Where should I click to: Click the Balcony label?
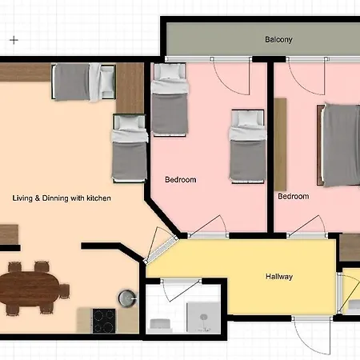pos(278,39)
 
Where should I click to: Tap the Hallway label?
pos(279,277)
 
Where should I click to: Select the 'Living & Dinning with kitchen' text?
pos(61,198)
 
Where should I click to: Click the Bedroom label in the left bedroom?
pos(180,180)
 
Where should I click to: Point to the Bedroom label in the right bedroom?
pos(293,196)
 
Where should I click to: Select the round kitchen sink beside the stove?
pos(126,297)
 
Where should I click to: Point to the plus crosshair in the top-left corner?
pos(14,38)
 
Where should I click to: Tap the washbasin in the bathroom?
pos(160,323)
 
